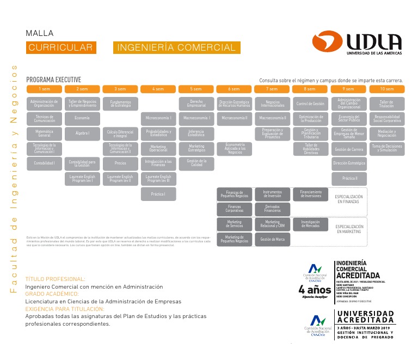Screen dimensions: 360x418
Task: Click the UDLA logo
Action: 357,43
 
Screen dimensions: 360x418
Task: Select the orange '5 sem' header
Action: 196,89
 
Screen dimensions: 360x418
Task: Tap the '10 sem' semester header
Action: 386,89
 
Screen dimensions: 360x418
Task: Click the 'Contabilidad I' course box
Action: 44,162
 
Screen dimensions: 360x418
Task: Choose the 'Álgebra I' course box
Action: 82,133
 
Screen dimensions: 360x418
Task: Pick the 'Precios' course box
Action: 120,162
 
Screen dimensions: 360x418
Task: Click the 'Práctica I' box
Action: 158,194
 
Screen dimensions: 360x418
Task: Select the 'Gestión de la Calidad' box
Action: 196,162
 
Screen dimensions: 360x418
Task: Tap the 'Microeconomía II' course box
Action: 234,118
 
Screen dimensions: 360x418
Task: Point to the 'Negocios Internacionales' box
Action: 273,103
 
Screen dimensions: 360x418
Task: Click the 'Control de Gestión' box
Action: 310,103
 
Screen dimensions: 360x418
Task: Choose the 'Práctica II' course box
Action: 349,178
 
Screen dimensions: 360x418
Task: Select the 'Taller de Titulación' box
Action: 386,103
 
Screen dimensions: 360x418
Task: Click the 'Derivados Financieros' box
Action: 273,209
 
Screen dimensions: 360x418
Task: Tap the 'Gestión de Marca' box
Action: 273,239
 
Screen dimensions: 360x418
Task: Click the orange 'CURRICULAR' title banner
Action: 61,48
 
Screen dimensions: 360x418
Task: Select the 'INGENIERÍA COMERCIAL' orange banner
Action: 176,48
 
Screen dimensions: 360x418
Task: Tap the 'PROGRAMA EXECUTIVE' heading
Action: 53,79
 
